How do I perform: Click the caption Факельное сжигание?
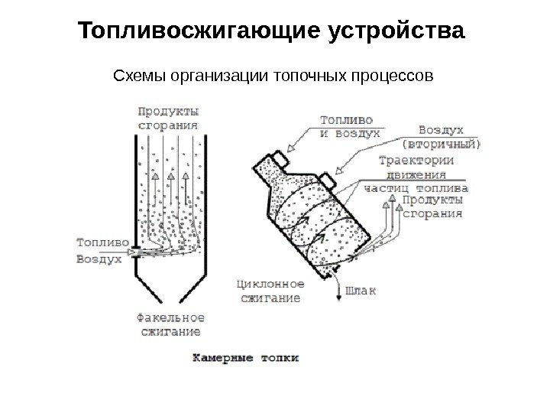(x=170, y=324)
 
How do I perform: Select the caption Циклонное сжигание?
(x=268, y=291)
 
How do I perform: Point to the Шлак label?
(x=362, y=291)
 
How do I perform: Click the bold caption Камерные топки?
(x=244, y=357)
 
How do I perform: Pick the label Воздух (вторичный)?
(x=442, y=137)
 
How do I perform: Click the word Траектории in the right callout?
(x=417, y=161)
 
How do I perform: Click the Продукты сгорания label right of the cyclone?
(x=432, y=207)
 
